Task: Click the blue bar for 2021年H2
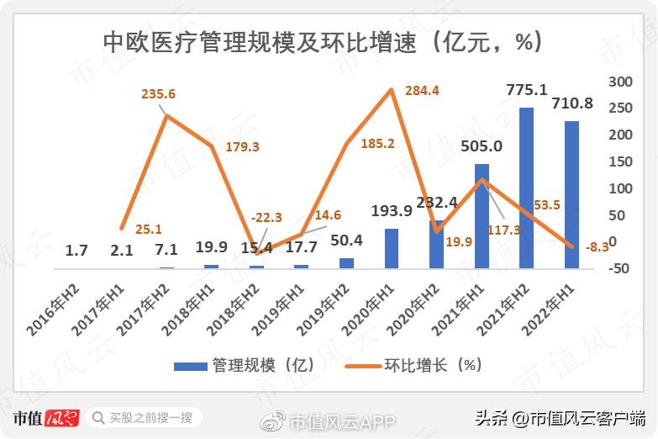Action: [x=526, y=188]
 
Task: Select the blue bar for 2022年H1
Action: [x=571, y=195]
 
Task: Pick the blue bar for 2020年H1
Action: [x=392, y=248]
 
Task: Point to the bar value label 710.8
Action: [x=573, y=105]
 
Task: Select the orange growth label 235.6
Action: [x=157, y=94]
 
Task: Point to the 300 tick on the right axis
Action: [x=619, y=82]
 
